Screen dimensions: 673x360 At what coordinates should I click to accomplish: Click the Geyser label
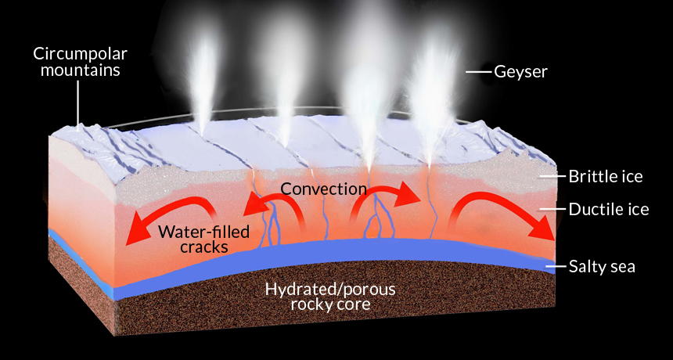[x=520, y=72]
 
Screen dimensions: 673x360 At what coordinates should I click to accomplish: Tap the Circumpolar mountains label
[x=81, y=61]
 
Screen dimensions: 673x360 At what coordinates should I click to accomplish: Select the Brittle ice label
[x=606, y=176]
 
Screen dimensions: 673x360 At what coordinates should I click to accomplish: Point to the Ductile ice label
[x=609, y=210]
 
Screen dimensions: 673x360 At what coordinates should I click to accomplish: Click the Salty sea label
[x=602, y=266]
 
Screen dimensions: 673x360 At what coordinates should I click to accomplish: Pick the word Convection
[x=324, y=189]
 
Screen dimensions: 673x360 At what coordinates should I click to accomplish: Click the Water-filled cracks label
[x=203, y=239]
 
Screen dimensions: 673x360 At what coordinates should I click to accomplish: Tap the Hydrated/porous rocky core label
[x=330, y=297]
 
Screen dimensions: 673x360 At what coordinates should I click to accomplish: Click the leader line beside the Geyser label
[x=479, y=72]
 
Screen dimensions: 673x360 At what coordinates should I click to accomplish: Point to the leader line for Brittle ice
[x=552, y=176]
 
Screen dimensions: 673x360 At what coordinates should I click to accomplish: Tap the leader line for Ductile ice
[x=552, y=210]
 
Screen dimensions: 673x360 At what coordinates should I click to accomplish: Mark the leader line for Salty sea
[x=555, y=266]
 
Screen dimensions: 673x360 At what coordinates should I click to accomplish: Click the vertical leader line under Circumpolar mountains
[x=78, y=103]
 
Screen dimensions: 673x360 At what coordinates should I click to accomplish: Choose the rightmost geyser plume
[x=431, y=99]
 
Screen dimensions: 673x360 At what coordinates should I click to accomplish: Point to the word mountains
[x=81, y=70]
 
